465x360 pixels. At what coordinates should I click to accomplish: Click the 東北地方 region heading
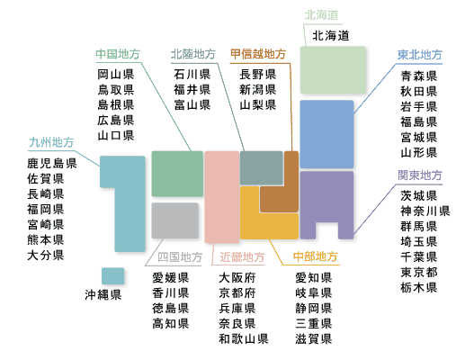tap(420, 55)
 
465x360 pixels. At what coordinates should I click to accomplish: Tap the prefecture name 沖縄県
tap(103, 295)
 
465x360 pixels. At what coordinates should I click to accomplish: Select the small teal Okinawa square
tap(112, 276)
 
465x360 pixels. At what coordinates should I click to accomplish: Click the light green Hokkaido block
tap(333, 69)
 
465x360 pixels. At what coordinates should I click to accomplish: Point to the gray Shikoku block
tap(175, 220)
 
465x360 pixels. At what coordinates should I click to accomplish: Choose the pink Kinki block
tap(222, 197)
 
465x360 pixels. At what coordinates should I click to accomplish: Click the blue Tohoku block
tap(326, 134)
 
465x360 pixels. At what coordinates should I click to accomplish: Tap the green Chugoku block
tap(177, 174)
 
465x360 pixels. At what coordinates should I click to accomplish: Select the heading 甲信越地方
tap(258, 54)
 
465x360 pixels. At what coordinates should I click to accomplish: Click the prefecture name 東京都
tap(419, 273)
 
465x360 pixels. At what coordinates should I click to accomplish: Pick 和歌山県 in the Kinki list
tap(244, 339)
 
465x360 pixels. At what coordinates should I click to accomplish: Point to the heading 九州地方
tap(51, 142)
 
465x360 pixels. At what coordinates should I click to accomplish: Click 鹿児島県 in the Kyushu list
tap(52, 164)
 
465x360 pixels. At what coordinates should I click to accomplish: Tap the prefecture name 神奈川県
tap(425, 211)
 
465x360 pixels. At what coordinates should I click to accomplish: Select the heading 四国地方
tap(180, 257)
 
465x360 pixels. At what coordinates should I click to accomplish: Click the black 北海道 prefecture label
tap(331, 36)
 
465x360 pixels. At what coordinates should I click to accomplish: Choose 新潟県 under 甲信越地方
tap(258, 90)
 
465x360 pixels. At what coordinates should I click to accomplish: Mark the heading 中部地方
tap(316, 256)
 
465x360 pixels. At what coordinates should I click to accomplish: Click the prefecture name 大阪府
tap(237, 278)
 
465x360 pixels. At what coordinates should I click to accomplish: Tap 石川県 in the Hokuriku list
tap(192, 75)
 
